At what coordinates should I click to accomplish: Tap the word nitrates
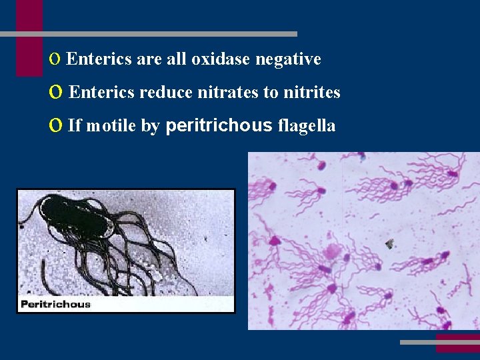(x=228, y=92)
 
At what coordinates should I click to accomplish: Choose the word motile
(x=111, y=125)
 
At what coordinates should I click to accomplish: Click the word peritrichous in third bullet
(x=218, y=125)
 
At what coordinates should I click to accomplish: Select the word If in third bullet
(x=75, y=125)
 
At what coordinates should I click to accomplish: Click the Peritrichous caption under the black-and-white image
(x=56, y=304)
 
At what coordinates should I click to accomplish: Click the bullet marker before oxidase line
(x=54, y=59)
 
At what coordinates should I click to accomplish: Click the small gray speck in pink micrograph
(x=389, y=244)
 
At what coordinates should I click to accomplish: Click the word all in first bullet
(x=177, y=59)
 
